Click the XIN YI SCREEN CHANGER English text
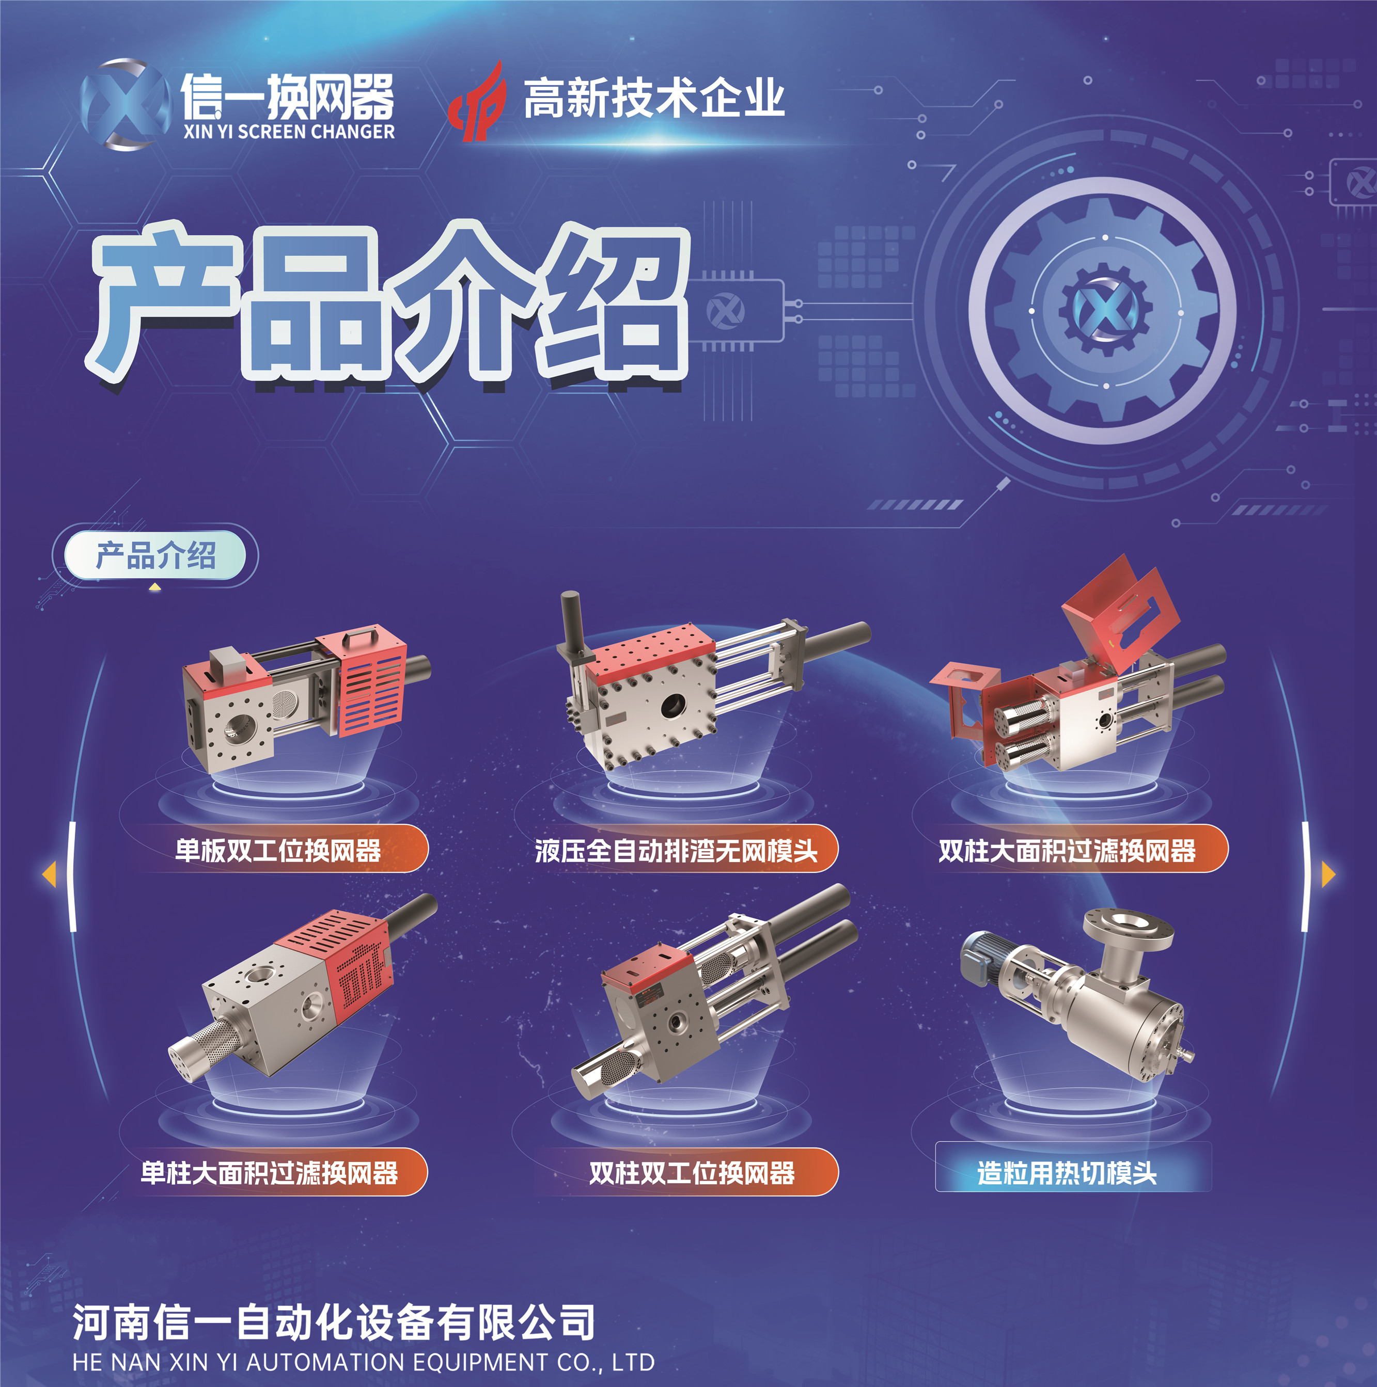point(289,132)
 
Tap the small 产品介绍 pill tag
point(155,555)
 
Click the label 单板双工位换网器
point(278,851)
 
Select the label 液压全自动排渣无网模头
point(676,851)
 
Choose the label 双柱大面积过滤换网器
point(1067,851)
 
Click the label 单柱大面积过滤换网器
point(270,1172)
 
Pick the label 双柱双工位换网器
point(692,1172)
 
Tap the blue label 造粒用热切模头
point(1067,1173)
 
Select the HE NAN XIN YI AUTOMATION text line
point(364,1362)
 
